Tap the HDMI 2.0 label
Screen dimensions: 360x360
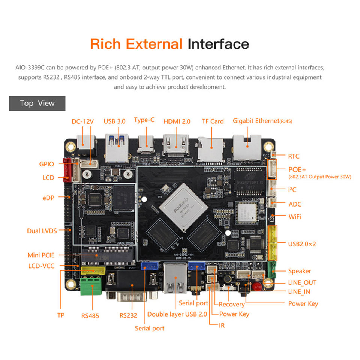click(x=177, y=121)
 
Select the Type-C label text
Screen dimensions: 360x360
click(x=144, y=120)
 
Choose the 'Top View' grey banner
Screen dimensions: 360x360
click(x=37, y=103)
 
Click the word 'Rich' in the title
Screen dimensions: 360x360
click(x=105, y=44)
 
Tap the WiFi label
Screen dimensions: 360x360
click(x=295, y=217)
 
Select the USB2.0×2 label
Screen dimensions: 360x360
click(x=302, y=244)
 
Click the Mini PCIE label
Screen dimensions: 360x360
click(x=41, y=255)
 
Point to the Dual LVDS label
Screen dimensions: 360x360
click(x=42, y=231)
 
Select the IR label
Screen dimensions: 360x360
click(x=222, y=325)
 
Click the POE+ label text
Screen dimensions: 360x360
click(x=297, y=169)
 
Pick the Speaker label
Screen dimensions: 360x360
click(x=300, y=271)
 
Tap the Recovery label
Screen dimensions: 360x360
click(x=232, y=304)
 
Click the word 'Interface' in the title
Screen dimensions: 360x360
click(x=218, y=44)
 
